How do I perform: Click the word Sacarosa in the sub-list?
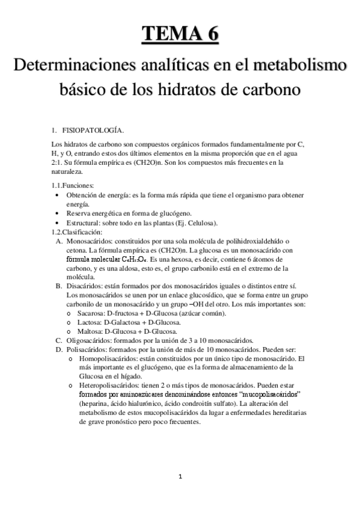pos(91,314)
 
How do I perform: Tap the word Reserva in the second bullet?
pos(79,213)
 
